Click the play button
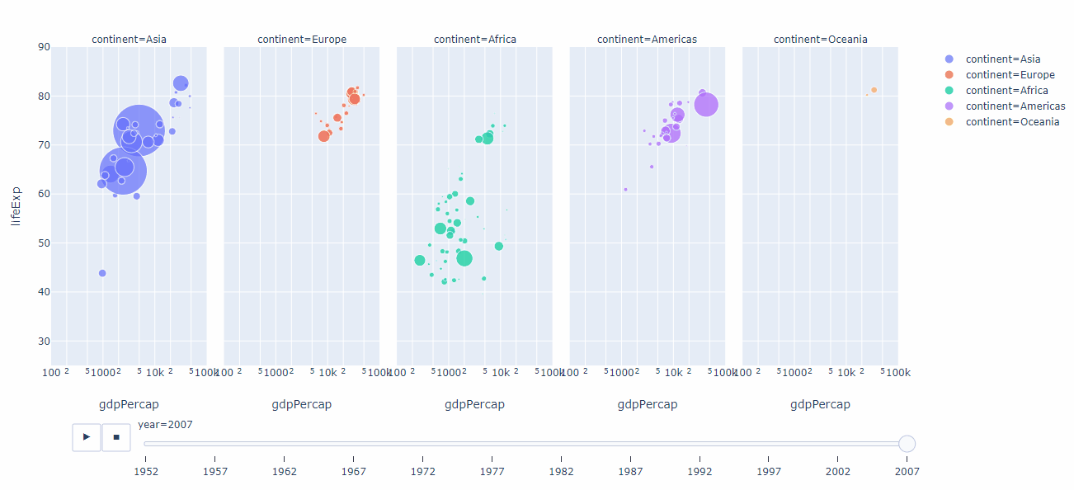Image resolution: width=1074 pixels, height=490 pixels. [87, 437]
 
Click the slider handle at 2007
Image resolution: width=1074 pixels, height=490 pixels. [907, 445]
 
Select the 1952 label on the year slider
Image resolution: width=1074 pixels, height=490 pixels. [145, 471]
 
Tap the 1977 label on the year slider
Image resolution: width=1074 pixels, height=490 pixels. [492, 471]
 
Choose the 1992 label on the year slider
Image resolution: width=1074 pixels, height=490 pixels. [700, 471]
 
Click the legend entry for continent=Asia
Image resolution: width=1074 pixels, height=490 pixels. [1002, 59]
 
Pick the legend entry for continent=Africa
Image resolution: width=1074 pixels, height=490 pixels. [1006, 91]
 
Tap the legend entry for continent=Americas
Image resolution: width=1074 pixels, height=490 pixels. [1015, 106]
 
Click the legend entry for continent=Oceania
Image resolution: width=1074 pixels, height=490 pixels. [1012, 122]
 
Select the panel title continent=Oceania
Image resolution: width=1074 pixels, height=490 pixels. [820, 39]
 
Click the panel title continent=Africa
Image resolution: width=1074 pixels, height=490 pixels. [475, 39]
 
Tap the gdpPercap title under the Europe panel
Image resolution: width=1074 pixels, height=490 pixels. [302, 404]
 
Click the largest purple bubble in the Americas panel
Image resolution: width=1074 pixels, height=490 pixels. [705, 105]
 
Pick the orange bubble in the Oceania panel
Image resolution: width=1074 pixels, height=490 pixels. [874, 90]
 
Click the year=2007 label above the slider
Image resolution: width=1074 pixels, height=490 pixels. [165, 424]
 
